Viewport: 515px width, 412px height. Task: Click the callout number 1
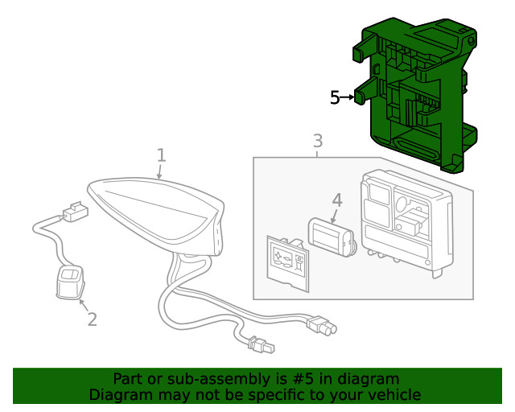161,154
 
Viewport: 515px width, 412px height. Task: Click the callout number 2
92,319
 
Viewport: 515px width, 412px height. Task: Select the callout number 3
317,141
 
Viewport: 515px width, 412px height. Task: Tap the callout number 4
337,200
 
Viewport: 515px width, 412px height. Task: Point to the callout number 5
335,97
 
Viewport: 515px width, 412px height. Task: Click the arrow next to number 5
348,97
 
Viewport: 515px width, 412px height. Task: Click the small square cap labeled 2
70,282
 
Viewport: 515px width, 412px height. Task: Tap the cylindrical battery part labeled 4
332,237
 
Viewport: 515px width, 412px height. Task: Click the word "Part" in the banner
129,379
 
